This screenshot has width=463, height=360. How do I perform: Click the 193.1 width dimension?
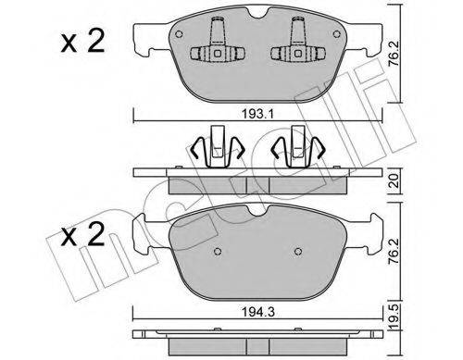coord(257,115)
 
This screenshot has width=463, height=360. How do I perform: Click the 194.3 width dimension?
coord(257,313)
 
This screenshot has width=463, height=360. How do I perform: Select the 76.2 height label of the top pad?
coord(394,54)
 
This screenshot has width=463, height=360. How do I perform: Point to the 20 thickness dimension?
coord(394,181)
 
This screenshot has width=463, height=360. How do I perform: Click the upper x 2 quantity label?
coord(82,42)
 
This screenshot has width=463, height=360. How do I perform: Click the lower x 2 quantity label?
coord(82,235)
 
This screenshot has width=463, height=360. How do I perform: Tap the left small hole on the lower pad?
coord(218,252)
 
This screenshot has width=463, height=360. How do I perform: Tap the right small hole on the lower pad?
coord(298,252)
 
